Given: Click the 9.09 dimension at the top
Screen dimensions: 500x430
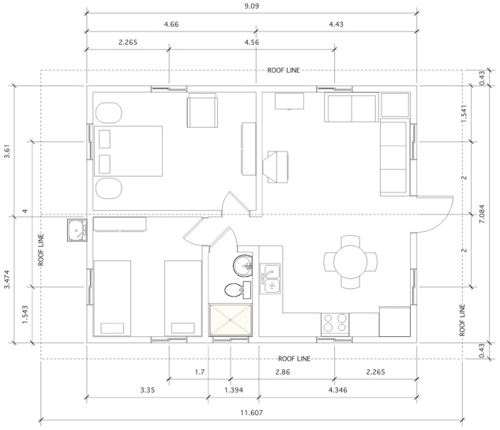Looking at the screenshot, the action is [x=252, y=6].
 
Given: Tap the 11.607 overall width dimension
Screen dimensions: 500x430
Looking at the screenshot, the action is [x=252, y=413].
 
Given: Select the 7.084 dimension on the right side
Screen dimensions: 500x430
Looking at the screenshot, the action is [x=482, y=214].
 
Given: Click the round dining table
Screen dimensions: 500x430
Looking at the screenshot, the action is [x=351, y=262].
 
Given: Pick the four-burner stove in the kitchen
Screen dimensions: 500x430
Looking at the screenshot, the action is [x=335, y=323].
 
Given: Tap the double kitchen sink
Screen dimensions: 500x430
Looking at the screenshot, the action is [x=270, y=279].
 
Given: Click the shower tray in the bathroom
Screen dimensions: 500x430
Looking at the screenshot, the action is [x=230, y=320].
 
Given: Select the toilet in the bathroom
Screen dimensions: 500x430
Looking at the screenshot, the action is [x=238, y=290].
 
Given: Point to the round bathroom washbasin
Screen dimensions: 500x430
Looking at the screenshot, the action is [x=243, y=265].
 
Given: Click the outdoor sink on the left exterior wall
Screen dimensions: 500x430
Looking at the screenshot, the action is [x=77, y=230].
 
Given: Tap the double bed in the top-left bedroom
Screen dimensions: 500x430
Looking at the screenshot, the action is [x=128, y=151].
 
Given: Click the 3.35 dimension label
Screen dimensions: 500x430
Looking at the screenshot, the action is [x=148, y=391].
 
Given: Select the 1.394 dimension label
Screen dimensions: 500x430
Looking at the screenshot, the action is [x=234, y=391].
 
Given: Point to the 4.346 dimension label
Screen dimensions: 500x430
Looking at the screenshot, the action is [x=338, y=391].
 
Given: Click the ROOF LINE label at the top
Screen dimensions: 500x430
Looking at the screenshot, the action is [x=284, y=70].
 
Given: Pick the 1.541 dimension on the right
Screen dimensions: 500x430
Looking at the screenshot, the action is [x=464, y=114].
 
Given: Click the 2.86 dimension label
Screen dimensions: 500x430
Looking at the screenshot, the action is [x=283, y=372].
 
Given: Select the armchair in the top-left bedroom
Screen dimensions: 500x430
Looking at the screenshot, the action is [x=202, y=110].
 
